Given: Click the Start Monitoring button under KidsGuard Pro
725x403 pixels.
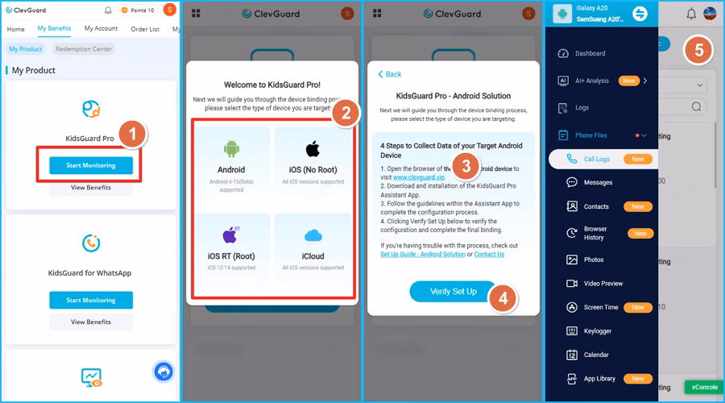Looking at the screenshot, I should tap(90, 165).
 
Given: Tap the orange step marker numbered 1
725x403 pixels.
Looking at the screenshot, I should tap(135, 134).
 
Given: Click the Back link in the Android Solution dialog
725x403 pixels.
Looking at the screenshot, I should tap(389, 74).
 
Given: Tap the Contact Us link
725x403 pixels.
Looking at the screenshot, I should tap(489, 254).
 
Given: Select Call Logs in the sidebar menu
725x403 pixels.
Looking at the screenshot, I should tap(596, 160).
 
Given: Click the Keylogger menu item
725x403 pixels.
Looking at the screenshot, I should tap(598, 330).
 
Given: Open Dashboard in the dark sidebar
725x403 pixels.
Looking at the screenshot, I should tap(590, 53).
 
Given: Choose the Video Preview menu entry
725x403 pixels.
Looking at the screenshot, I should tap(603, 284).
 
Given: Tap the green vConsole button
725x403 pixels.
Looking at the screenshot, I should tap(704, 387).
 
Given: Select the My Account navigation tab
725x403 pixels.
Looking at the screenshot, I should tap(101, 29).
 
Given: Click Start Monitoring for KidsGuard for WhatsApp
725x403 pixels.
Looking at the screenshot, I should tap(90, 300).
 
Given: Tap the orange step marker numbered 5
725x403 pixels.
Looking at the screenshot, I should tap(698, 51).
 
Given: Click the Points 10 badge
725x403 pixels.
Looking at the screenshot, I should tap(136, 10).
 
